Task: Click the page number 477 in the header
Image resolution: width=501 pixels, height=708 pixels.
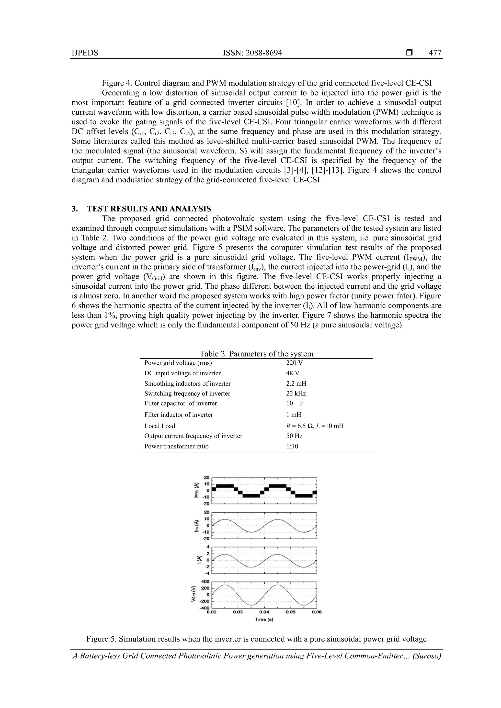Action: (435, 53)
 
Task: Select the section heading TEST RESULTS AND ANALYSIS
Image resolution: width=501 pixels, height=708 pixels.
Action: (149, 209)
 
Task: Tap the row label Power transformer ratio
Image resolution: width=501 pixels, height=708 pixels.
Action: (176, 446)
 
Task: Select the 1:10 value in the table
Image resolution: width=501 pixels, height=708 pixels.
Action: (292, 446)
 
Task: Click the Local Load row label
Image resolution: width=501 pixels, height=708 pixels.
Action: (159, 426)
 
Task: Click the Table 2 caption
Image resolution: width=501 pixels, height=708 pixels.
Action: (256, 354)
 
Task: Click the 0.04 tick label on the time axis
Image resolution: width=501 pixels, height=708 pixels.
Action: (264, 612)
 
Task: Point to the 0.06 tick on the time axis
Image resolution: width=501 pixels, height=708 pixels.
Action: (317, 612)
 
